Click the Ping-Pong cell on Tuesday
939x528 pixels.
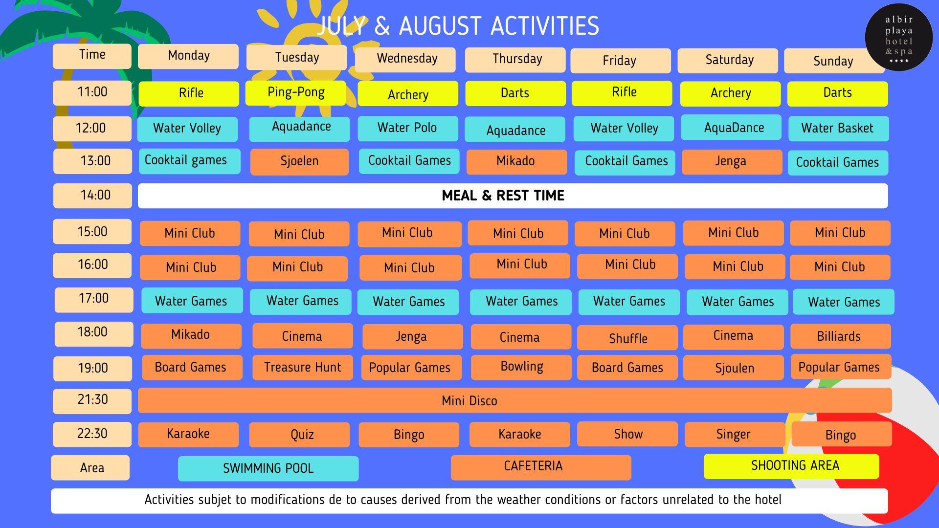pyautogui.click(x=295, y=92)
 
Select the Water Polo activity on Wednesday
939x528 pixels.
pyautogui.click(x=408, y=128)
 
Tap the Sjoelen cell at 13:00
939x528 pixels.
pyautogui.click(x=299, y=162)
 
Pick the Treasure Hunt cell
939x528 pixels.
pyautogui.click(x=303, y=368)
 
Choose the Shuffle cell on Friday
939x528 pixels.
pyautogui.click(x=627, y=338)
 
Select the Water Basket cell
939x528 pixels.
pyautogui.click(x=838, y=129)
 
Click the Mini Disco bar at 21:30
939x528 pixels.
pyautogui.click(x=515, y=400)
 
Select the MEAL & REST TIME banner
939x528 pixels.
pyautogui.click(x=513, y=196)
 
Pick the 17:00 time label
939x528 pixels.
pyautogui.click(x=94, y=300)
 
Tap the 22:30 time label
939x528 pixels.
pyautogui.click(x=92, y=434)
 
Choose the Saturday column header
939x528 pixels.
pyautogui.click(x=728, y=61)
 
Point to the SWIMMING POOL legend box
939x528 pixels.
pyautogui.click(x=268, y=468)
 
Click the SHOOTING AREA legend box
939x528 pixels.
pyautogui.click(x=791, y=466)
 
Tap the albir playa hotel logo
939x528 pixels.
pyautogui.click(x=899, y=37)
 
